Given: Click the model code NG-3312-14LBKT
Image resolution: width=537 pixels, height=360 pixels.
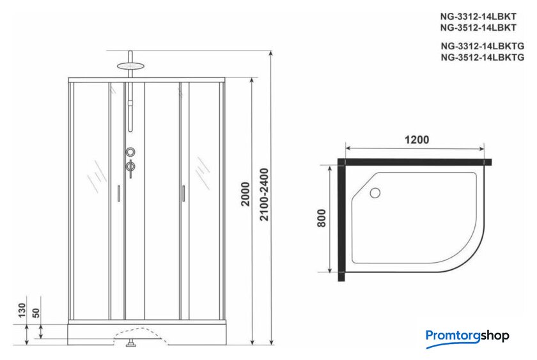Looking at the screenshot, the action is pos(478,17).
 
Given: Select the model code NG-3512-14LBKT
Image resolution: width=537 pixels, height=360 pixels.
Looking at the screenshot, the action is pos(478,27).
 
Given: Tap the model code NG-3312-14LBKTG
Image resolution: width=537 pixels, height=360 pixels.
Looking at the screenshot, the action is pos(482,46).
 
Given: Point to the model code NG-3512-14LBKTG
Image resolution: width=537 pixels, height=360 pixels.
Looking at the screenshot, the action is pos(482,57).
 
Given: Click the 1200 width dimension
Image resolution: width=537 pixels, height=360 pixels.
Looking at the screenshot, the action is pos(417,140).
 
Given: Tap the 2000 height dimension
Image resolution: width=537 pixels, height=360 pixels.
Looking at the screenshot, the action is pos(245,194).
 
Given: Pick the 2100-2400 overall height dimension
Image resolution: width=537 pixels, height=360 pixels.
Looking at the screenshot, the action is pos(264,194).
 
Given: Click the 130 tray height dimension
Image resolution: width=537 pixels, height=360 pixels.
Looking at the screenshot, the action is pos(22,310).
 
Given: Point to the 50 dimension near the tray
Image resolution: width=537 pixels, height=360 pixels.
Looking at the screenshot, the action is pos(36,313).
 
